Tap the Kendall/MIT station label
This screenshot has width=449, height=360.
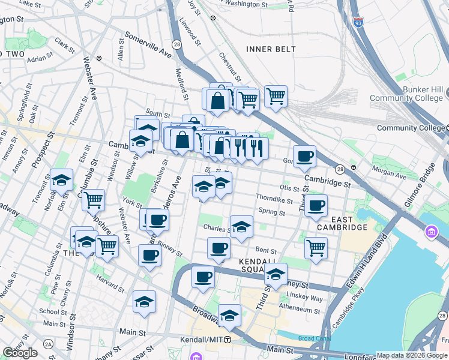(202, 340)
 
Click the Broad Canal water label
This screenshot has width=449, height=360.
(314, 338)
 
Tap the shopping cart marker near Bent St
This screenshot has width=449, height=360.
(316, 247)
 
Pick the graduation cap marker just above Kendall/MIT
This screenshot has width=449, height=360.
(229, 316)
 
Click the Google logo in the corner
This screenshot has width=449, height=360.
(19, 353)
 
